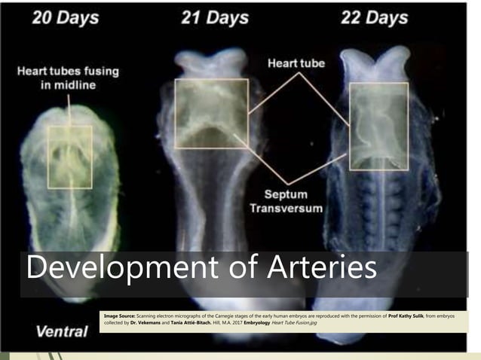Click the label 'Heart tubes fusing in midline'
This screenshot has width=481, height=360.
pos(68,78)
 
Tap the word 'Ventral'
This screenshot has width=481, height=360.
pos(61,330)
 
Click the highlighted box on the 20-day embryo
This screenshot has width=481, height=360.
pos(70,157)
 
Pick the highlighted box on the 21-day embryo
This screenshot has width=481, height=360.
pos(211,113)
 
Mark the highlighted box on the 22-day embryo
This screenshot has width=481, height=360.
pos(378,126)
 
